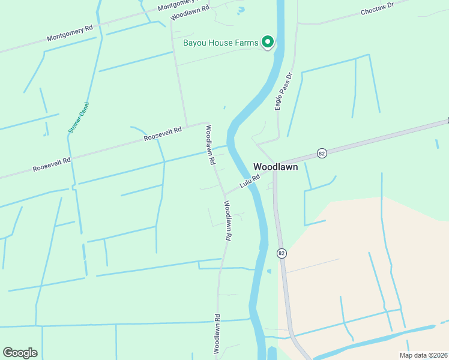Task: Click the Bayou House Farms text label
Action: [221, 43]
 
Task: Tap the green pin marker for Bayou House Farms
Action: [268, 42]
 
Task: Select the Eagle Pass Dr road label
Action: [283, 92]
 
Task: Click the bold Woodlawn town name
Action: [276, 167]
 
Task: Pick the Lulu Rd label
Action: [250, 181]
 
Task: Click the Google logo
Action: [20, 353]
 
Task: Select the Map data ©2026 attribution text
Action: [423, 355]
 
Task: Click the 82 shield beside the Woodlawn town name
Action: [322, 154]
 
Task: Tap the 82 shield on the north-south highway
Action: [281, 254]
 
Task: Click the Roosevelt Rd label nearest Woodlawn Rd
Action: [162, 134]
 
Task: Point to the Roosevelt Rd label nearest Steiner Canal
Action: [52, 162]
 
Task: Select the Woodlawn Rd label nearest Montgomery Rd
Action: [190, 12]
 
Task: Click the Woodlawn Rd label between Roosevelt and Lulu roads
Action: [210, 145]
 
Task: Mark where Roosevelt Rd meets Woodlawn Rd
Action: [206, 123]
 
